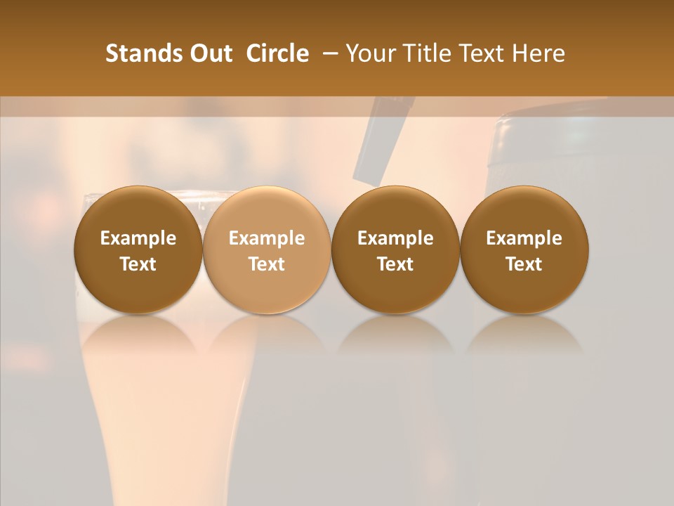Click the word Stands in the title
(139, 53)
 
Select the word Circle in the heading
(277, 53)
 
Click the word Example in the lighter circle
(267, 238)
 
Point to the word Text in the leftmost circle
(138, 264)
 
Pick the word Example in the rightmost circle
(524, 238)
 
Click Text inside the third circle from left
(395, 264)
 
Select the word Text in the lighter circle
(267, 264)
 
